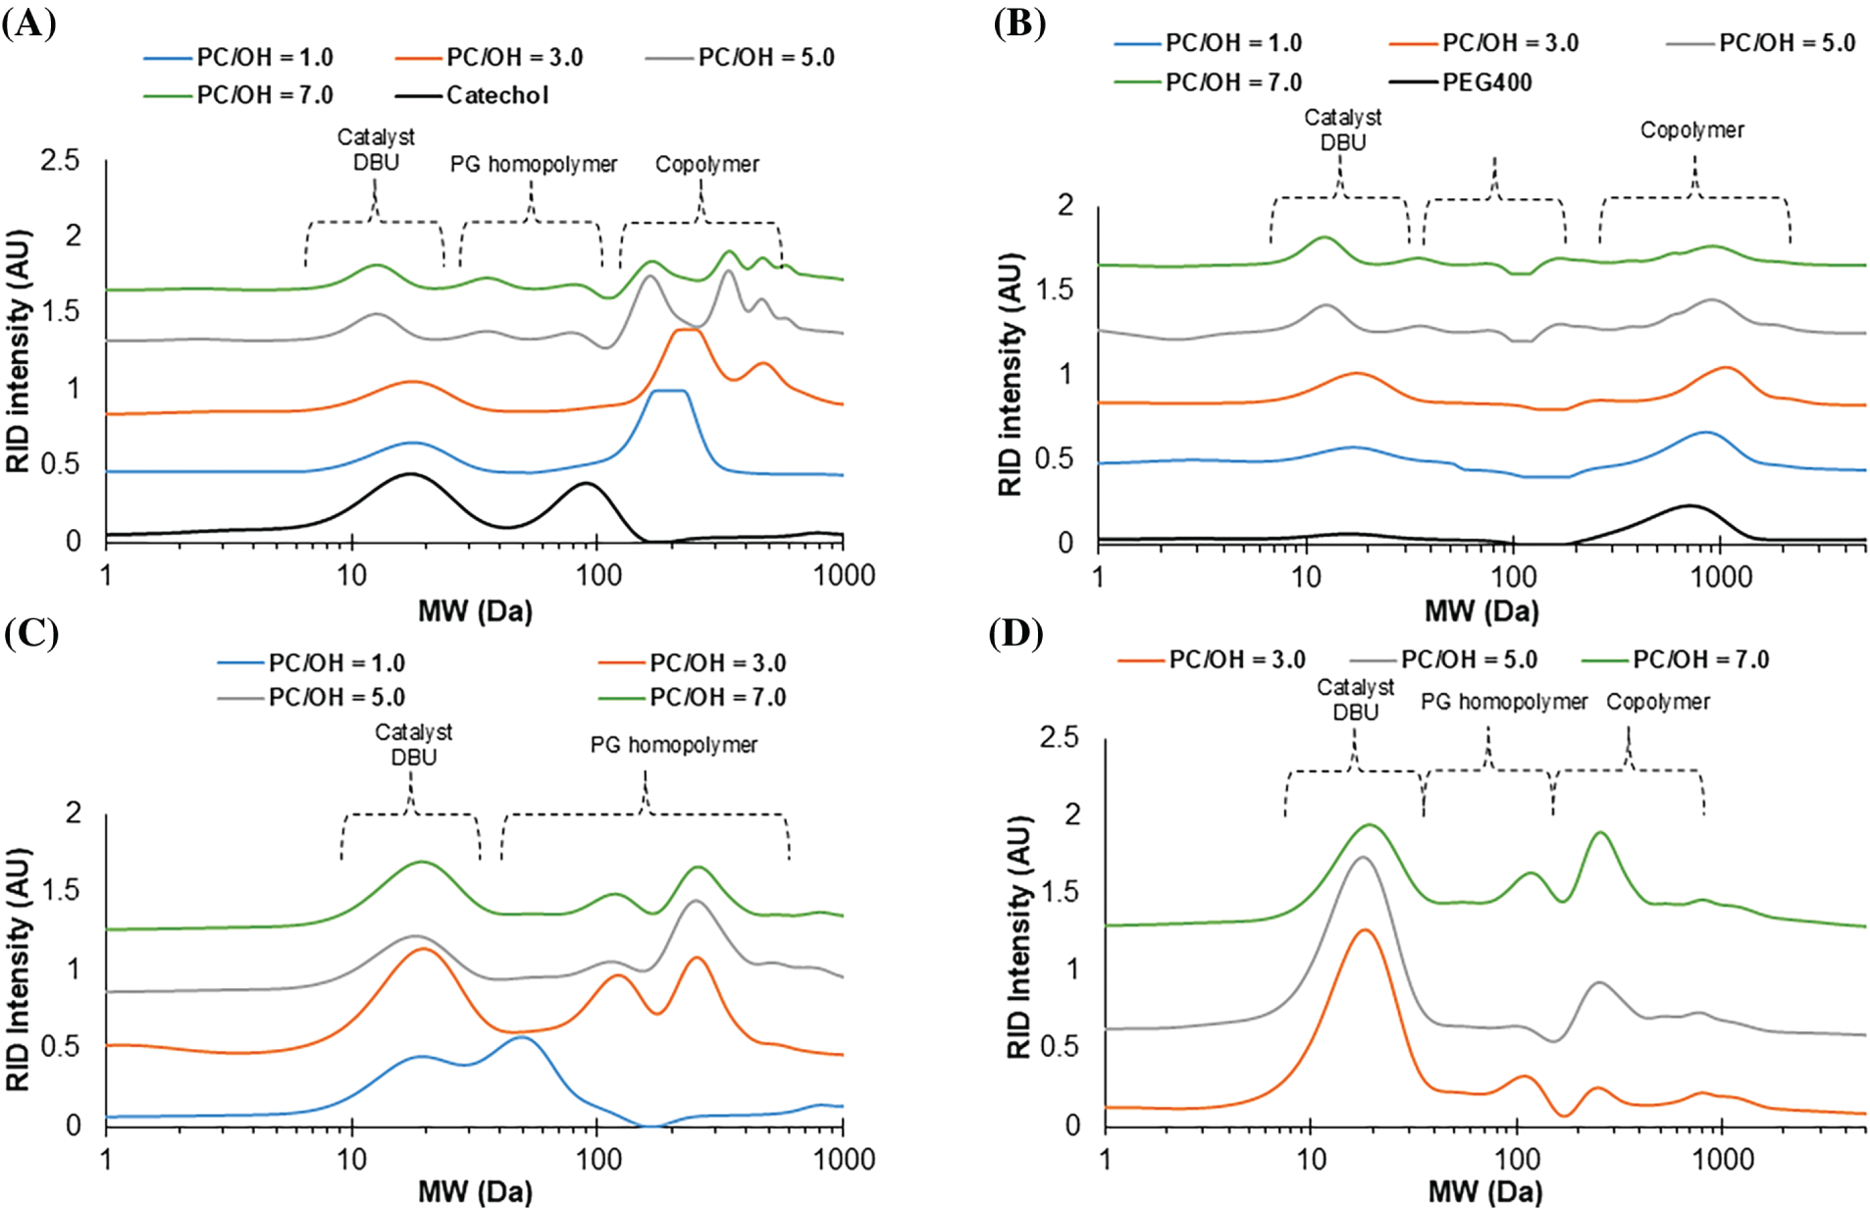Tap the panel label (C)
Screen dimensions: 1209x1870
click(31, 634)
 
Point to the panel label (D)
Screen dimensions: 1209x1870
click(1016, 634)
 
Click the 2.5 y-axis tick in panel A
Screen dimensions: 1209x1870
click(60, 160)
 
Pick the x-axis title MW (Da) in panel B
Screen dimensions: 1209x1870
click(1481, 611)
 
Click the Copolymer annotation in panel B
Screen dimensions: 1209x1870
click(1691, 130)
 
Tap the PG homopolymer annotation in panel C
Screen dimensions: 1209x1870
click(673, 745)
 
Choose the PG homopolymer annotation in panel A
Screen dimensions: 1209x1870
click(534, 164)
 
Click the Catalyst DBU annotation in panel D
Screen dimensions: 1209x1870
click(1355, 700)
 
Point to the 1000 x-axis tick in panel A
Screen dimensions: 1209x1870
click(844, 575)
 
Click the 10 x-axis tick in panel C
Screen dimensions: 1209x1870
click(351, 1159)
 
